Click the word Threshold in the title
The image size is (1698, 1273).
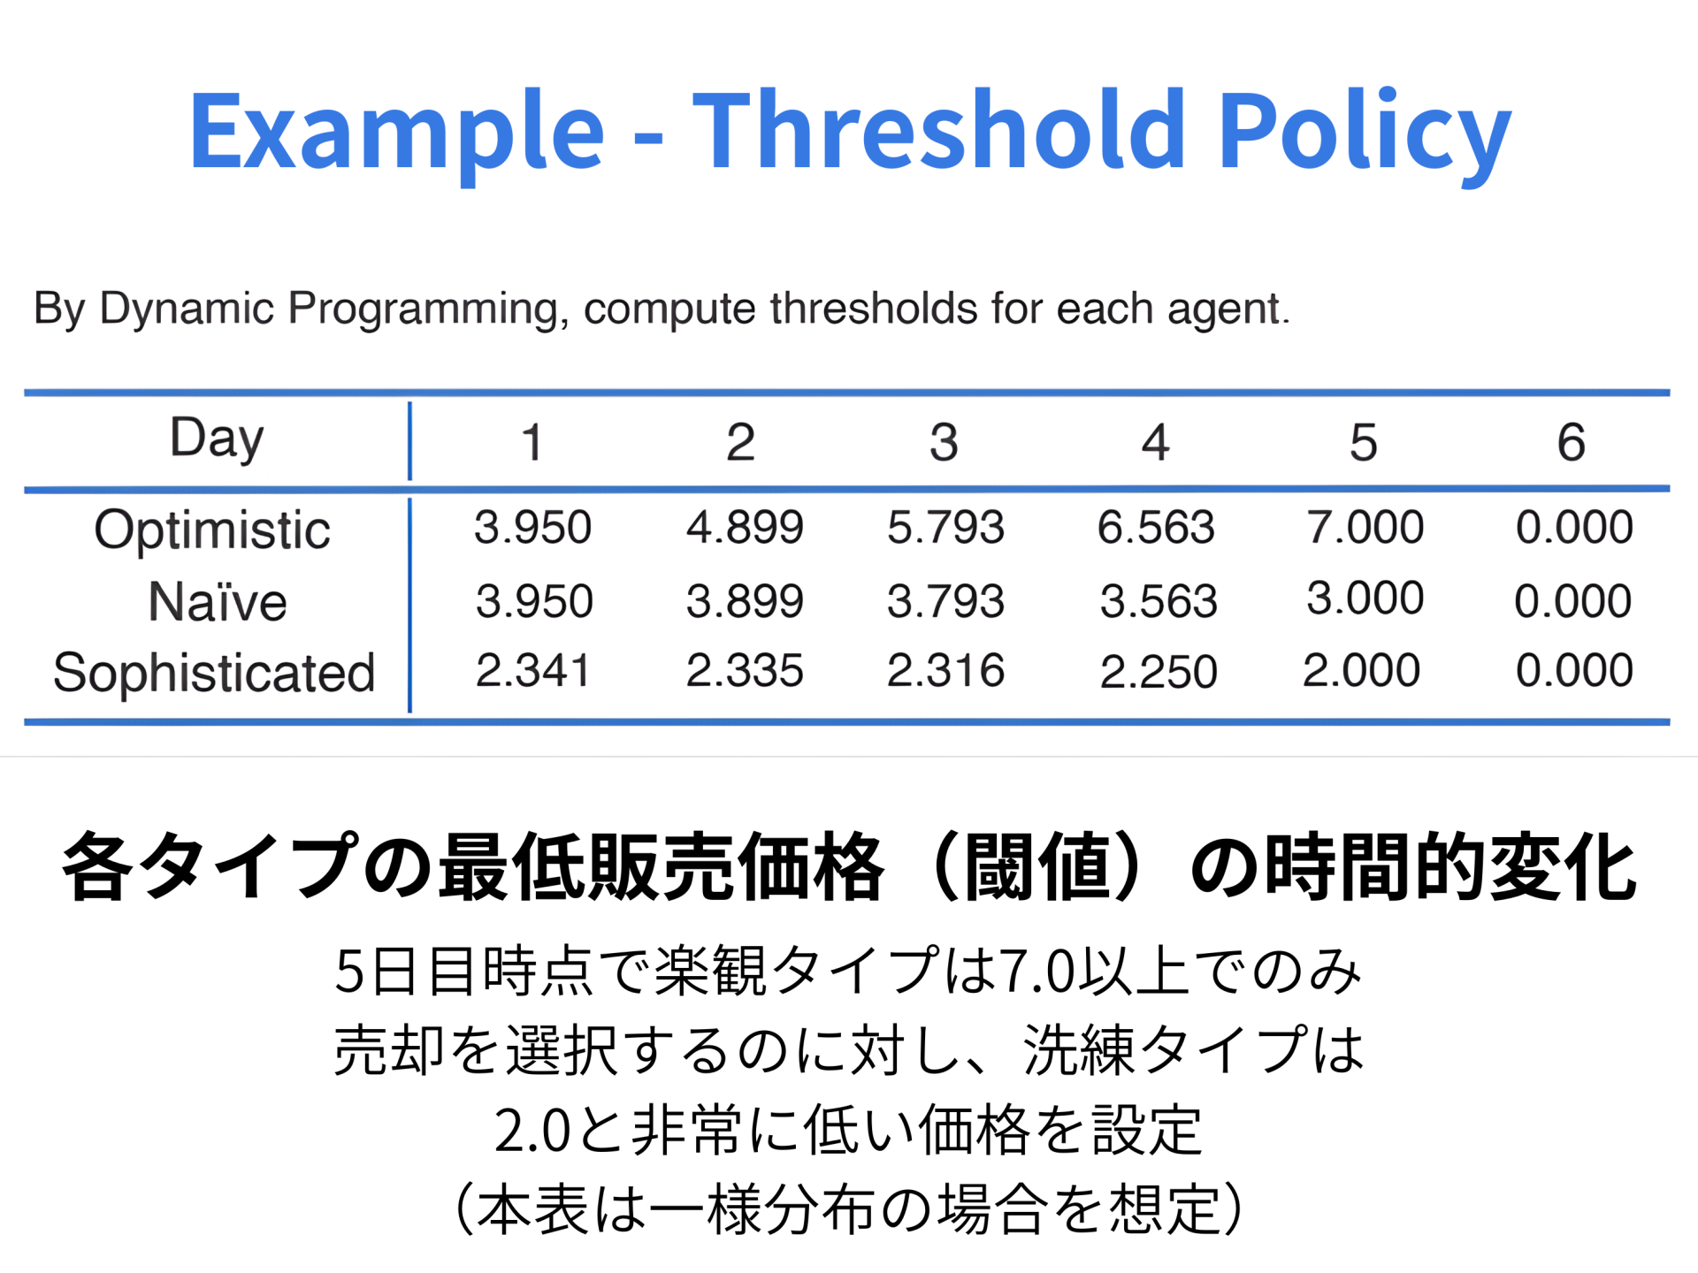(x=937, y=131)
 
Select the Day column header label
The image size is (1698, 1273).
(x=217, y=438)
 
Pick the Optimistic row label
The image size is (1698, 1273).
(x=212, y=530)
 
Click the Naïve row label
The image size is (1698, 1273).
(x=218, y=603)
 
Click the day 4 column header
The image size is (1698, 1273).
(x=1155, y=442)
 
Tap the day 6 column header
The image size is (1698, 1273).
(x=1571, y=442)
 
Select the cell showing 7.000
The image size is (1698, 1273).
(x=1365, y=528)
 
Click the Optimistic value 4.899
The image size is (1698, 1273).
(x=745, y=528)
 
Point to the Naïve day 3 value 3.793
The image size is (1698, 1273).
(x=945, y=602)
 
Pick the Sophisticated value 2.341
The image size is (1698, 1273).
(x=532, y=671)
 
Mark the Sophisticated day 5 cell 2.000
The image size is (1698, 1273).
(x=1361, y=671)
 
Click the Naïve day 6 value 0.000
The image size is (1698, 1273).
(x=1572, y=602)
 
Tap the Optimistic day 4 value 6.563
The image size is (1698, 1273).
(x=1156, y=528)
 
